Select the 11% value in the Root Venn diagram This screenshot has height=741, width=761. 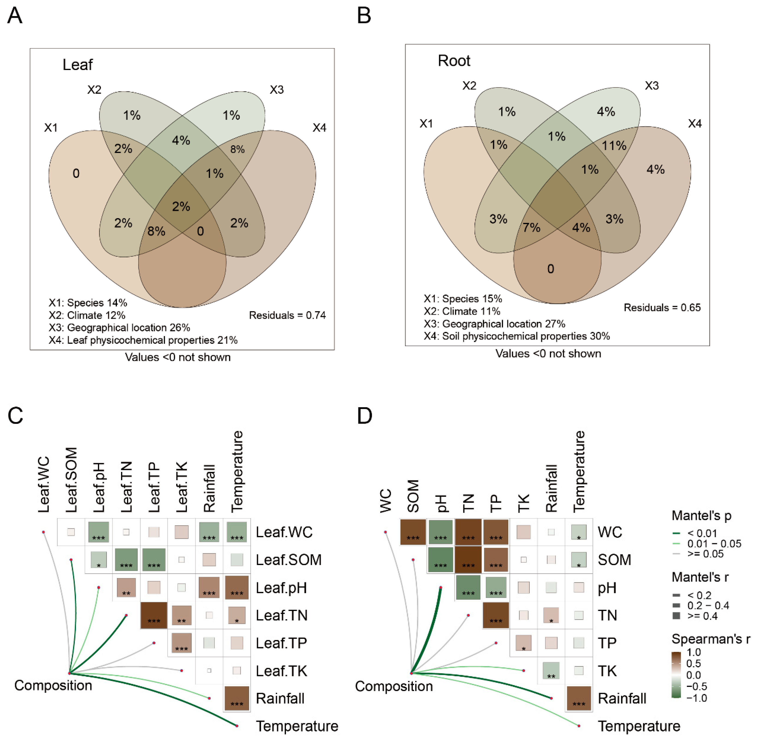coord(614,146)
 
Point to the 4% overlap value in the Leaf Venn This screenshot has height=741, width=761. coord(181,140)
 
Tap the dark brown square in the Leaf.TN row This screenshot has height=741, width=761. coord(154,615)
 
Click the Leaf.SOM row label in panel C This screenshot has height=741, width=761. coord(288,560)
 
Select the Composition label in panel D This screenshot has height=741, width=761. coord(394,686)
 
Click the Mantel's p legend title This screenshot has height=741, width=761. coord(701,515)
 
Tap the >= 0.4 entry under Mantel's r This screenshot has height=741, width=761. coord(702,616)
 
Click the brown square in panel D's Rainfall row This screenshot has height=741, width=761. coord(579,698)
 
